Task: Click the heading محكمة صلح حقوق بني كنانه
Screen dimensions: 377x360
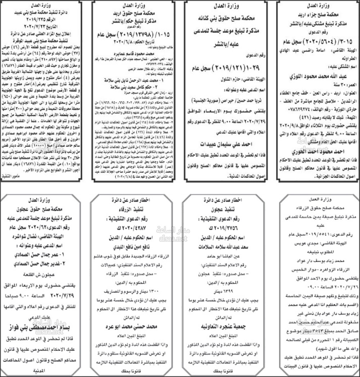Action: point(227,17)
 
